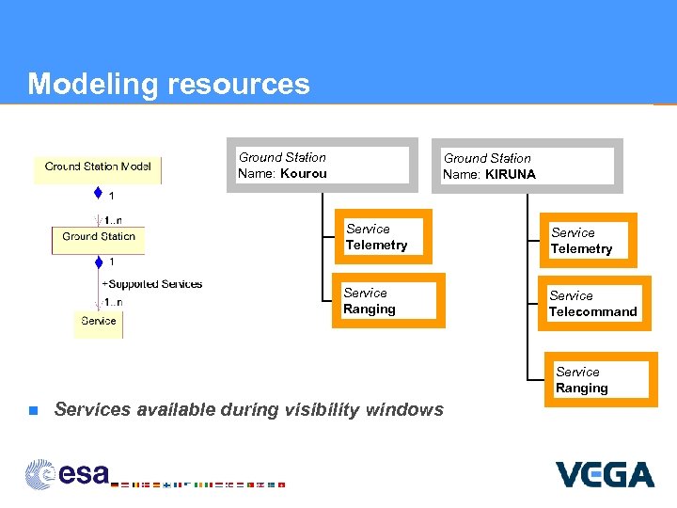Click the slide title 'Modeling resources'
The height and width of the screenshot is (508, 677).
click(x=168, y=84)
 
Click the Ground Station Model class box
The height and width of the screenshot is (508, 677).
click(x=98, y=168)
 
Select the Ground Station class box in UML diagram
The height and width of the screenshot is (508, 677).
click(x=99, y=238)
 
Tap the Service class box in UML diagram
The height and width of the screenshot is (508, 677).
click(x=99, y=322)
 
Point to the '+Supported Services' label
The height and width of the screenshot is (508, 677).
click(x=152, y=284)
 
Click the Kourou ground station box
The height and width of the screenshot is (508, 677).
click(x=320, y=166)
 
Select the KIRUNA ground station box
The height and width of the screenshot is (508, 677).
click(x=527, y=167)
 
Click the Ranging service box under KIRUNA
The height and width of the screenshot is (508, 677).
click(x=601, y=380)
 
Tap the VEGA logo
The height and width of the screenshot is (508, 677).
click(x=605, y=474)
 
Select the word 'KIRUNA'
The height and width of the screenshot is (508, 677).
click(x=511, y=174)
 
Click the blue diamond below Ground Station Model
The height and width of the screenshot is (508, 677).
click(x=98, y=194)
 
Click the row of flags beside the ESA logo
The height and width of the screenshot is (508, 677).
click(x=198, y=484)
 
